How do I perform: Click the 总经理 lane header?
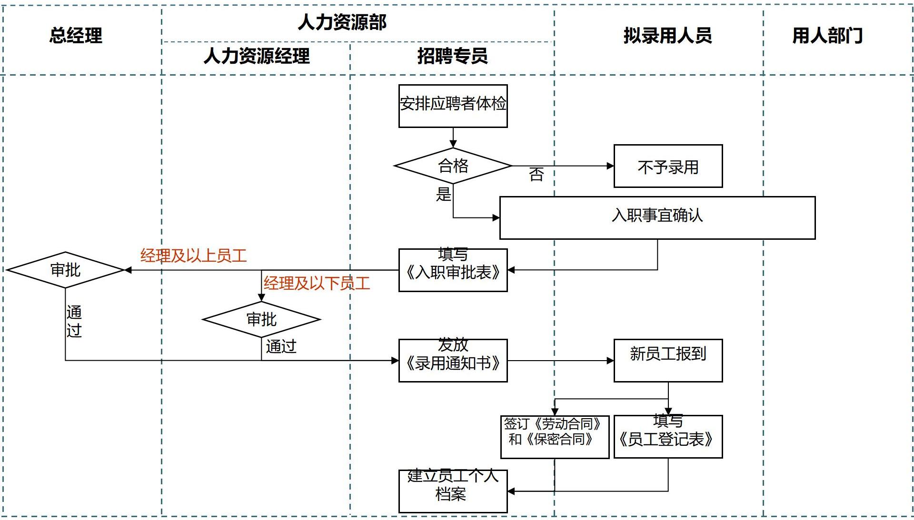[76, 36]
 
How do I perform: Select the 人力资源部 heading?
[342, 22]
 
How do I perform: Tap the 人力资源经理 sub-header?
[257, 56]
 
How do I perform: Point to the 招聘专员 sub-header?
[452, 56]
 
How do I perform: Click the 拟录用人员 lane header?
[667, 36]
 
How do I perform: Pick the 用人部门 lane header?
[827, 36]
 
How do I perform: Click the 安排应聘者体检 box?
[453, 106]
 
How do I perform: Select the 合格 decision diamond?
[453, 166]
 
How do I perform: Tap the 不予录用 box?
[668, 167]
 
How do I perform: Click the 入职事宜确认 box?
[657, 217]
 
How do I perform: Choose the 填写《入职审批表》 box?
[453, 270]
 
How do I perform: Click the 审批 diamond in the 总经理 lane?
[65, 270]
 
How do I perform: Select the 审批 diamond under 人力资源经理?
[261, 319]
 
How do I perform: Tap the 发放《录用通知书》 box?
[453, 361]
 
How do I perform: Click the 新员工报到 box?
[668, 360]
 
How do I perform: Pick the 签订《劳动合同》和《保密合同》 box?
[555, 437]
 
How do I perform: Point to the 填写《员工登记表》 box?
[668, 437]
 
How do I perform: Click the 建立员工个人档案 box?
[453, 491]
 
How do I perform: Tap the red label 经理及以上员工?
[193, 256]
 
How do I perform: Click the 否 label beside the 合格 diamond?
[536, 175]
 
